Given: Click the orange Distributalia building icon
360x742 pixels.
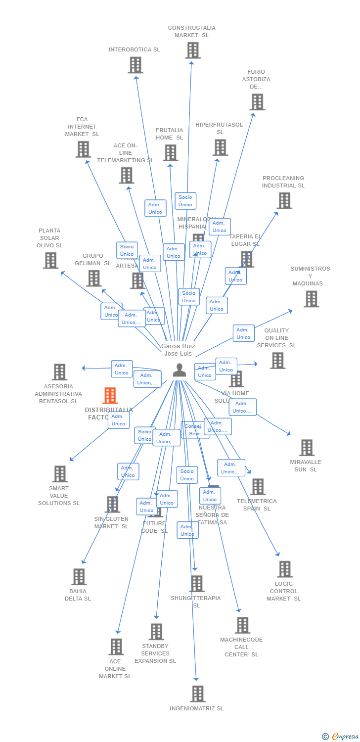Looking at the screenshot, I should pos(110,396).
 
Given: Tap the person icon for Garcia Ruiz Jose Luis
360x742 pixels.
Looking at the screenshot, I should pos(179,370).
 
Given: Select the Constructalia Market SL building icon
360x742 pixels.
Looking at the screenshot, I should pos(192,50).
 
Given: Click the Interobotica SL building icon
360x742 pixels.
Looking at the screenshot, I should pos(135,65).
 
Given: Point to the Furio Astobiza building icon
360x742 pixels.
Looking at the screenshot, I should pos(257,102).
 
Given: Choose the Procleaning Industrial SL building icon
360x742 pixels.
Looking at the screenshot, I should pos(284,200).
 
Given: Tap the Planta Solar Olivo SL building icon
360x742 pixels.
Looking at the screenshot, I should pos(50,260).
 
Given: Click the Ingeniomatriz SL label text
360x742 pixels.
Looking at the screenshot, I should pos(196,708).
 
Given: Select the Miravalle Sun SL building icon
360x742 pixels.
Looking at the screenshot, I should pos(307,447).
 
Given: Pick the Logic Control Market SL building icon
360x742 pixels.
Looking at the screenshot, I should pos(284,569).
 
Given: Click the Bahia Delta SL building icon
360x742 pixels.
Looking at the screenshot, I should pos(79,576).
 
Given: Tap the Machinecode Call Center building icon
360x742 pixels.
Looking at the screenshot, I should pos(242,625).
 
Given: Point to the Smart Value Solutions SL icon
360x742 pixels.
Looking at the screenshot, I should pos(60,473).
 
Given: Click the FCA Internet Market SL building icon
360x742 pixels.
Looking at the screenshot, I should pos(83,149).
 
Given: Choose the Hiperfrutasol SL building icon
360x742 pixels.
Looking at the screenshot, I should pos(220,147).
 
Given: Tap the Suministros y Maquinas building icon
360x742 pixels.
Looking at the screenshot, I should pos(311,298).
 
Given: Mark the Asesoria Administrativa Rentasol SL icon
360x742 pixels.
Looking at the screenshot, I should pos(59,371).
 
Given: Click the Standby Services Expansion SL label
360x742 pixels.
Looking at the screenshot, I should pos(155,653).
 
